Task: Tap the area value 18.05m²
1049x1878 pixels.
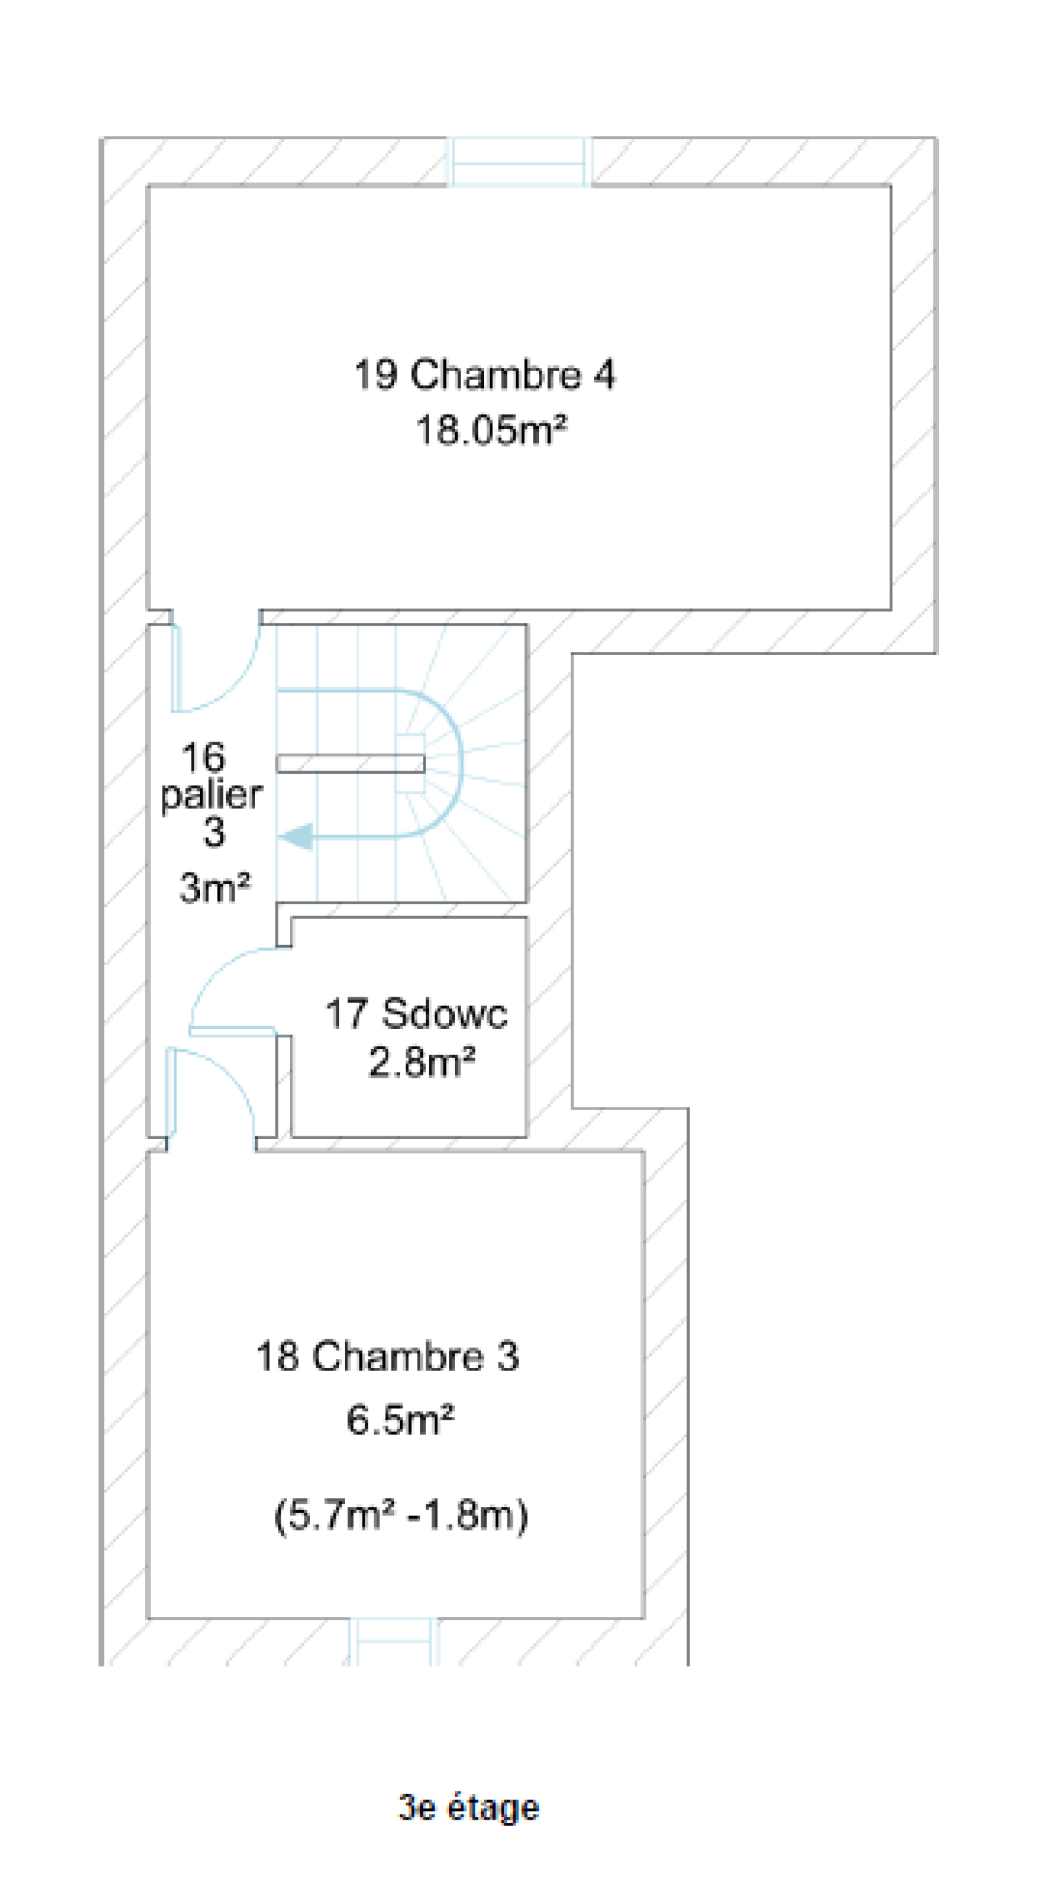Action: [x=491, y=430]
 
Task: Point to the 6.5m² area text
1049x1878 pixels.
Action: [x=400, y=1420]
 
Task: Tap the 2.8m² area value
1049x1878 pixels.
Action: [x=422, y=1062]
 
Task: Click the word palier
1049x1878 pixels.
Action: [x=211, y=795]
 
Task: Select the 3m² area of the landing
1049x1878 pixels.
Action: [x=215, y=888]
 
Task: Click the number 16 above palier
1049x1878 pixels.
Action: [x=203, y=757]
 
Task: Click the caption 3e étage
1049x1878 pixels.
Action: [x=469, y=1807]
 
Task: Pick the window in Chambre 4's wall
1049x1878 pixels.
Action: [x=519, y=162]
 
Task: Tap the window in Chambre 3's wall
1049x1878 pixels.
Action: [x=393, y=1642]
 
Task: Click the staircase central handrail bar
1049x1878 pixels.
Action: [x=351, y=763]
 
